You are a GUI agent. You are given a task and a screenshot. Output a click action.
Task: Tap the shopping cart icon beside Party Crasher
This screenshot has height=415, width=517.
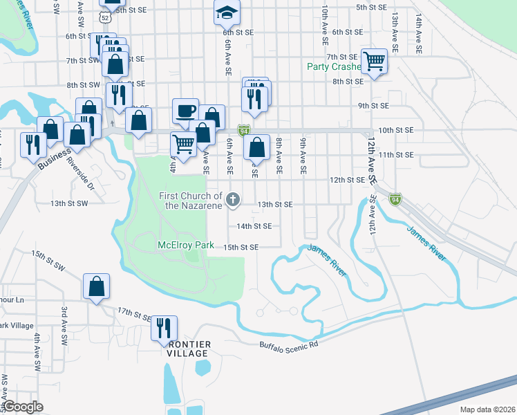point(374,61)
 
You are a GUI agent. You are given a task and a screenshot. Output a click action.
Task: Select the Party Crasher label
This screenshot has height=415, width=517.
point(335,67)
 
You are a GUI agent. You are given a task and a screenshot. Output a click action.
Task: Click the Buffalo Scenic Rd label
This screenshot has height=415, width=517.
point(288,344)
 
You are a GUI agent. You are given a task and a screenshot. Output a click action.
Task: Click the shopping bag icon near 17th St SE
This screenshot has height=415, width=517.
point(97,286)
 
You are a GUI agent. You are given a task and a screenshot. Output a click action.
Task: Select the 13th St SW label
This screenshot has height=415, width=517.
point(69,203)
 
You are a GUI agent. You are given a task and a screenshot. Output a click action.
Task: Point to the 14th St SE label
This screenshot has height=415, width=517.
point(254,225)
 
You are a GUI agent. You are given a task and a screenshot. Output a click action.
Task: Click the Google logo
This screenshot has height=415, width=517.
point(23,407)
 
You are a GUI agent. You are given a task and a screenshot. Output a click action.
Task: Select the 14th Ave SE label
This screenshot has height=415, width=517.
point(419,21)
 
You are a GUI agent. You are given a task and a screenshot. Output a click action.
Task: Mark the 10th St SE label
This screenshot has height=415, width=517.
point(395,130)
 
